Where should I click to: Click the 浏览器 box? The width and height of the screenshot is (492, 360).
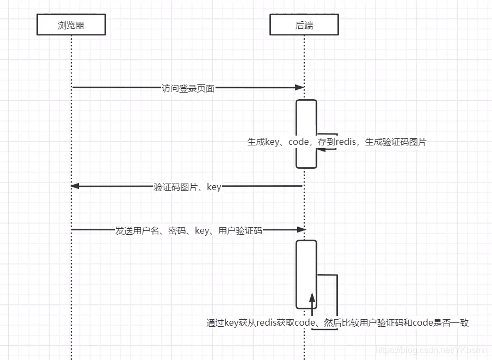pos(71,25)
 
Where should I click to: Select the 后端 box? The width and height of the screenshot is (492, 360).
pos(304,25)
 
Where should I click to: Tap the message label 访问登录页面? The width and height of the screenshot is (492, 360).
pos(188,88)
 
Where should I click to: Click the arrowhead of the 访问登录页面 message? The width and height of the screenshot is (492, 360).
pos(299,88)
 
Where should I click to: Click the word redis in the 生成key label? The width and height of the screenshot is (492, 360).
pos(346,142)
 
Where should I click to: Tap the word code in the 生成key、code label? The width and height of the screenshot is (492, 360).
pos(299,142)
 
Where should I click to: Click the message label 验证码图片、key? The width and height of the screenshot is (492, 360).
pos(187,187)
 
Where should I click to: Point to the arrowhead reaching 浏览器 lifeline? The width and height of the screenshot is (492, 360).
pos(75,186)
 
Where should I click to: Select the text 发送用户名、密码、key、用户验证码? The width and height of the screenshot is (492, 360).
pos(189,230)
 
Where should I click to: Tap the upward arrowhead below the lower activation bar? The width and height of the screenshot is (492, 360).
pos(312,297)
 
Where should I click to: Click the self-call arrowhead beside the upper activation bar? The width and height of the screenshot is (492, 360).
pos(321,148)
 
